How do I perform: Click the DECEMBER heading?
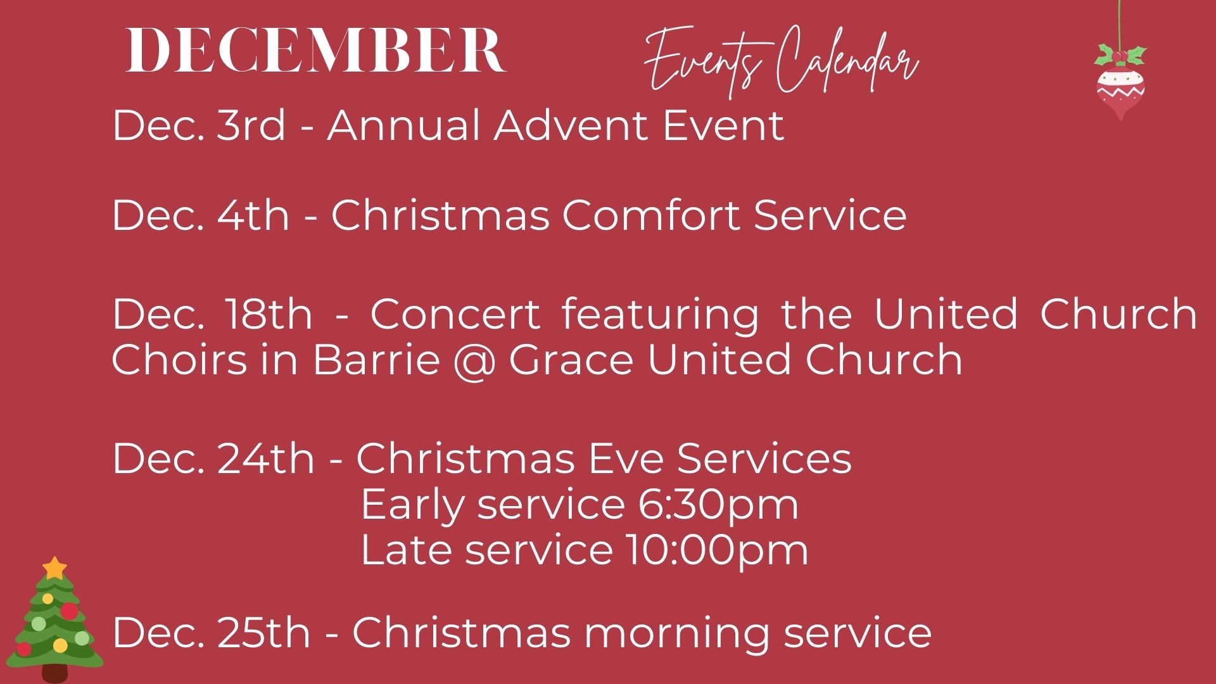click(316, 51)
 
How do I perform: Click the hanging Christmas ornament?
click(1120, 82)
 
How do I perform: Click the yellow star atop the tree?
click(55, 567)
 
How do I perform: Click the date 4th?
click(253, 215)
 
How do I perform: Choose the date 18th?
click(265, 313)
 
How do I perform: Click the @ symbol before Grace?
click(474, 360)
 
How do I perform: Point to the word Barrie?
click(376, 359)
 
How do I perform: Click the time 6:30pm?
click(718, 505)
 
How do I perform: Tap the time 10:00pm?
click(717, 550)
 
